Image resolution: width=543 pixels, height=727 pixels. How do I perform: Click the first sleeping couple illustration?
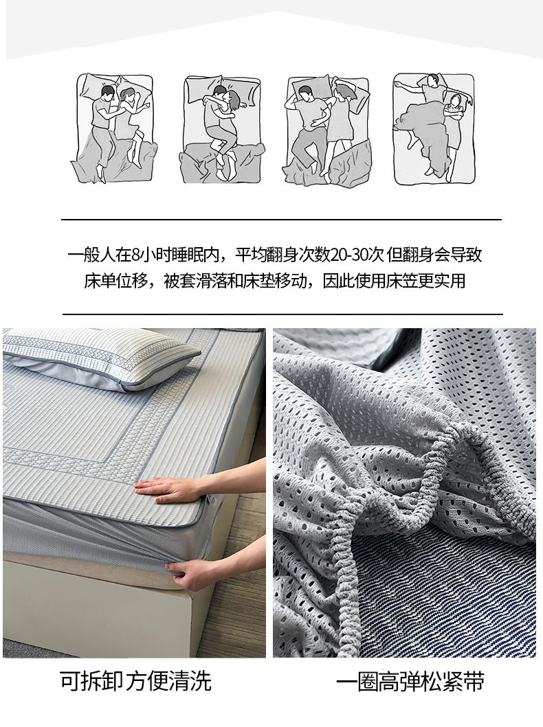click(x=114, y=128)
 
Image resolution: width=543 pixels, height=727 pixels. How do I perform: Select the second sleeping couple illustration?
click(x=222, y=128)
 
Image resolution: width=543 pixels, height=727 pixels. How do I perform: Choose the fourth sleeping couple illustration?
click(x=434, y=128)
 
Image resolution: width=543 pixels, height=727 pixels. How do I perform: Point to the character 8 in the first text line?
click(x=135, y=255)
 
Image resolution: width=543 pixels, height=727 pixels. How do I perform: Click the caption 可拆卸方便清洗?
click(x=135, y=681)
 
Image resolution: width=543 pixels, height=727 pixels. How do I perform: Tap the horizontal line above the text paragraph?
click(x=282, y=219)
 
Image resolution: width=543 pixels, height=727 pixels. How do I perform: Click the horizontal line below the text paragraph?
click(x=282, y=314)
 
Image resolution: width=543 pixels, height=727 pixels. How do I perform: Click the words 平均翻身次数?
click(x=282, y=255)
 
